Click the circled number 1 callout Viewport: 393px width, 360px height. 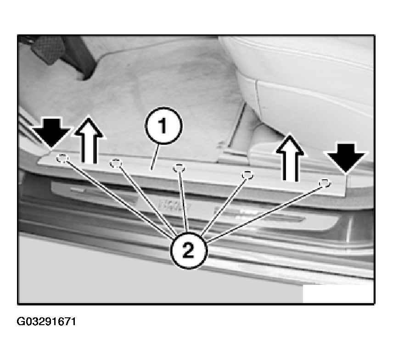point(163,126)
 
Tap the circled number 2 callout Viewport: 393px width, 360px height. point(189,250)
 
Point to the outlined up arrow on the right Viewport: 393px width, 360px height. point(290,158)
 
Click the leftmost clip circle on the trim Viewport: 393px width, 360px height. point(62,159)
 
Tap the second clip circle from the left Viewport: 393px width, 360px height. point(116,164)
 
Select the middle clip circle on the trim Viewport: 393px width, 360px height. point(179,168)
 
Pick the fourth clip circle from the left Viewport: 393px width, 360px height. point(247,175)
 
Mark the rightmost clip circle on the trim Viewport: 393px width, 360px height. point(325,183)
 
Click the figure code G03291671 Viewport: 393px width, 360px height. point(46,321)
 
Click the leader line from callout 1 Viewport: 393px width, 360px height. point(155,157)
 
